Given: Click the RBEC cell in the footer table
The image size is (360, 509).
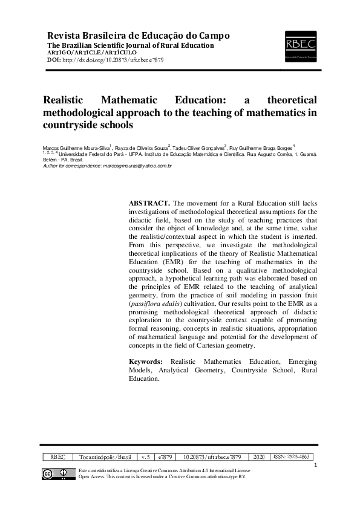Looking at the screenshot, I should click(x=57, y=458).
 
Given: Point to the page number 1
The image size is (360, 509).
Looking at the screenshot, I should click(x=316, y=465).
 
